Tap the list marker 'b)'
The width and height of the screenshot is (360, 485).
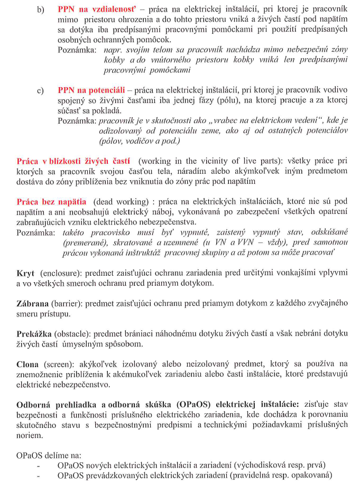(x=41, y=11)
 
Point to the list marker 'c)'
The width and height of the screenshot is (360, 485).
(x=41, y=91)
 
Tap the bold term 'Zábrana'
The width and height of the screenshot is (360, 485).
(x=32, y=303)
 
